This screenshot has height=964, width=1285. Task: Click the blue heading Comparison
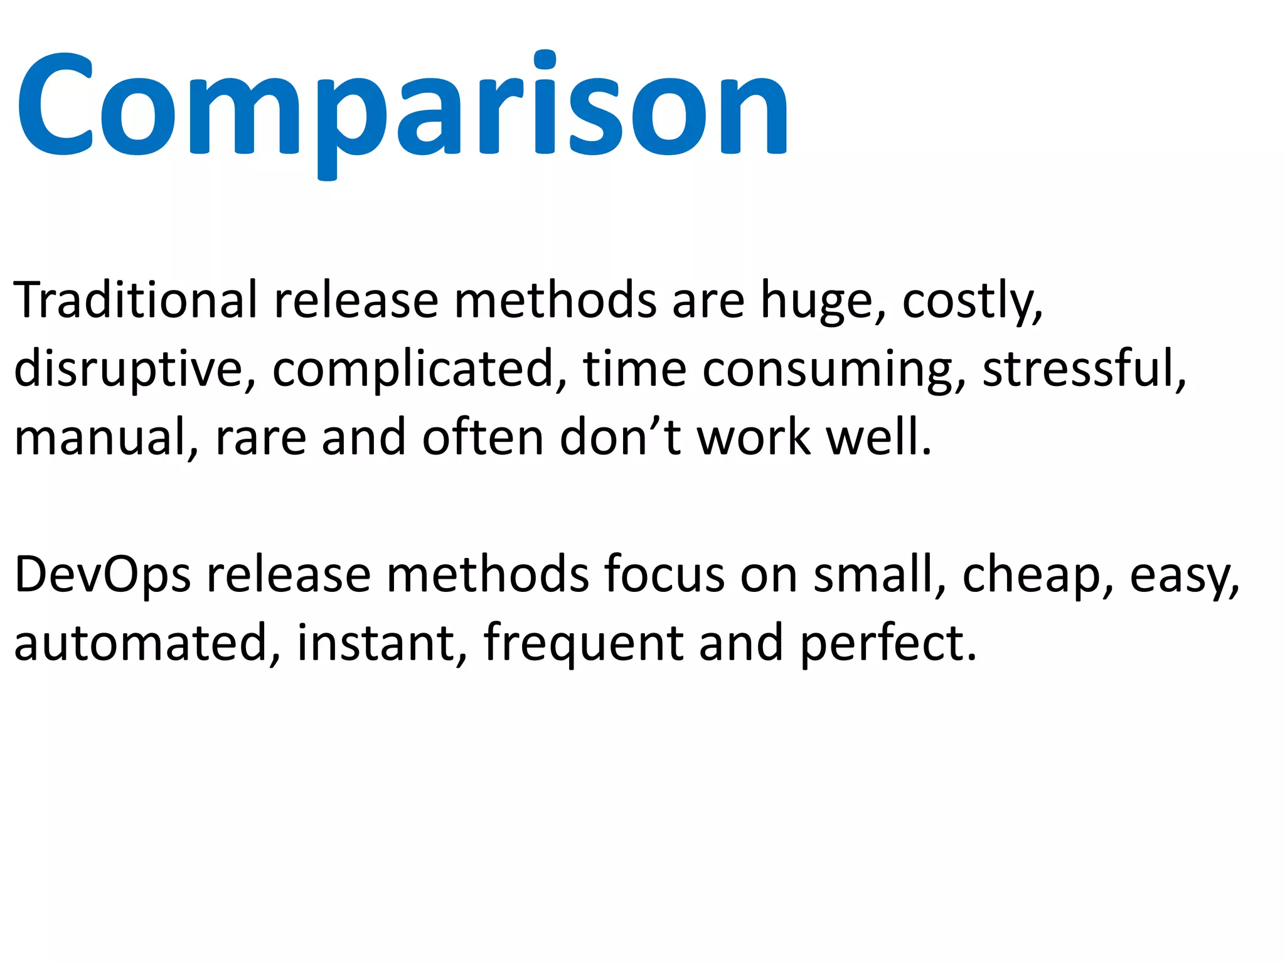point(402,107)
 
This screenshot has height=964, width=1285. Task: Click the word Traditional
point(135,300)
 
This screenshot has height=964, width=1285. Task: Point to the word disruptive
point(129,369)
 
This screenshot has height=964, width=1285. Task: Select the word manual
point(100,437)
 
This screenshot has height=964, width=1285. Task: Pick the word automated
point(141,643)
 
